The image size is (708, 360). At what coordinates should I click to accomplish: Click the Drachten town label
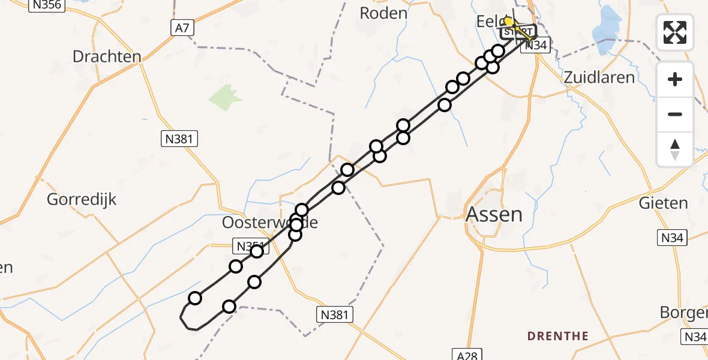tap(106, 57)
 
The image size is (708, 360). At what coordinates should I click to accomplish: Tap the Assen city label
tap(494, 214)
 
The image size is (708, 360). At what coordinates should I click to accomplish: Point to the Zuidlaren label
tap(599, 77)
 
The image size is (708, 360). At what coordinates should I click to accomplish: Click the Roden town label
tap(383, 13)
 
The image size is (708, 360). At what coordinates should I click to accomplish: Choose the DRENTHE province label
tap(557, 335)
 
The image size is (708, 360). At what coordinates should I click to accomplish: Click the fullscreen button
tap(675, 32)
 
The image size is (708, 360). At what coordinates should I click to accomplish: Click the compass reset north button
tap(675, 149)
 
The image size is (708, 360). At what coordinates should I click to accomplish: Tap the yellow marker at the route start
tap(508, 22)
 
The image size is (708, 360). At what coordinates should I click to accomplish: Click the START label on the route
tap(518, 31)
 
